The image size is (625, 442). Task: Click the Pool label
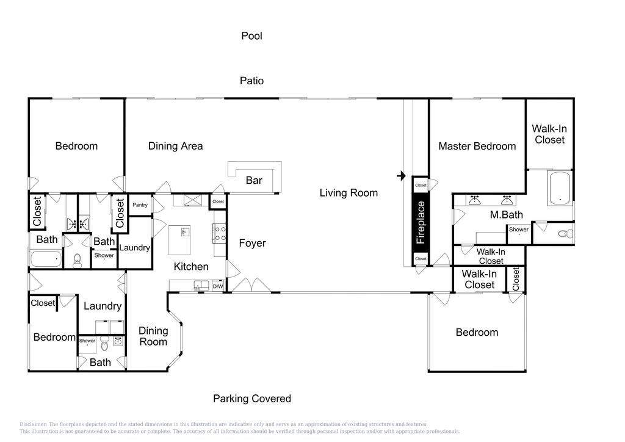tap(251, 36)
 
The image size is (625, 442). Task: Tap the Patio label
tap(251, 81)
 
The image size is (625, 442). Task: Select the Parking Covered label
tap(252, 399)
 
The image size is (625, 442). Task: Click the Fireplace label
tap(421, 222)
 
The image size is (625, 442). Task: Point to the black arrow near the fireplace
tap(402, 175)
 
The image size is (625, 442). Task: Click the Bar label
tap(254, 181)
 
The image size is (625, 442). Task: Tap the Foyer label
tap(252, 243)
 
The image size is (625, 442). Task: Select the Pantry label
tap(140, 205)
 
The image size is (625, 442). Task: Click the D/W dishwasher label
tap(218, 286)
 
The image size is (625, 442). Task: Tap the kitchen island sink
tap(184, 231)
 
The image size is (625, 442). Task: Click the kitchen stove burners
tap(220, 234)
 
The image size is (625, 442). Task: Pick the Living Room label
tap(349, 193)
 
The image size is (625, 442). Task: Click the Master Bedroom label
tap(477, 147)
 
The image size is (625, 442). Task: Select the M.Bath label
tap(506, 215)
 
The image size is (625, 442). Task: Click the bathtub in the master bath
tap(560, 188)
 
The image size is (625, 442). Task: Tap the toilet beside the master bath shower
tap(565, 234)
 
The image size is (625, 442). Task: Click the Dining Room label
tap(153, 336)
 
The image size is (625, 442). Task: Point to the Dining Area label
tap(175, 147)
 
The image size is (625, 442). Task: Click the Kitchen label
tap(191, 267)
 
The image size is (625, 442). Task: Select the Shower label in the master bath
tap(519, 230)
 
